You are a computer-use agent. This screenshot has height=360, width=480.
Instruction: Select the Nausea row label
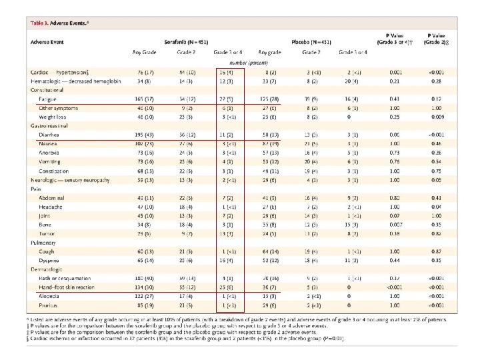(x=48, y=143)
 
